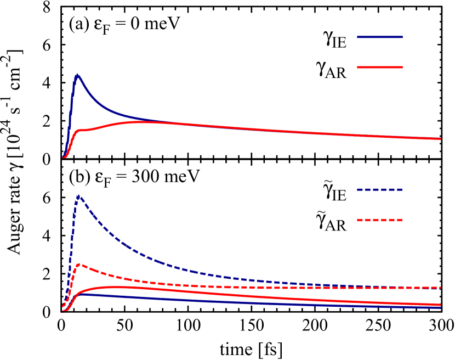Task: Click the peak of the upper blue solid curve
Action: click(77, 75)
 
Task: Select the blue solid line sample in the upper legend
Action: click(380, 37)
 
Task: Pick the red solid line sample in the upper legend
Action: click(380, 67)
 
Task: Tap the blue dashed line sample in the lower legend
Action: click(380, 189)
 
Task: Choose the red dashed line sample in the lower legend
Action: click(380, 220)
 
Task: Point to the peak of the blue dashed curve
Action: click(79, 195)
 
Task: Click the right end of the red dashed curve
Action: click(440, 288)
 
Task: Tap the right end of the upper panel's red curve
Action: click(440, 139)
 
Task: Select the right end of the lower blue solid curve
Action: click(440, 307)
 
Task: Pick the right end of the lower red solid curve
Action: click(440, 305)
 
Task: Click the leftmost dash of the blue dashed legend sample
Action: click(360, 189)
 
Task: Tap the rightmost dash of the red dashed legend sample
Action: click(400, 220)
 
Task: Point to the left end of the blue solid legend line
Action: click(358, 37)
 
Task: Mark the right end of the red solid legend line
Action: click(402, 67)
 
